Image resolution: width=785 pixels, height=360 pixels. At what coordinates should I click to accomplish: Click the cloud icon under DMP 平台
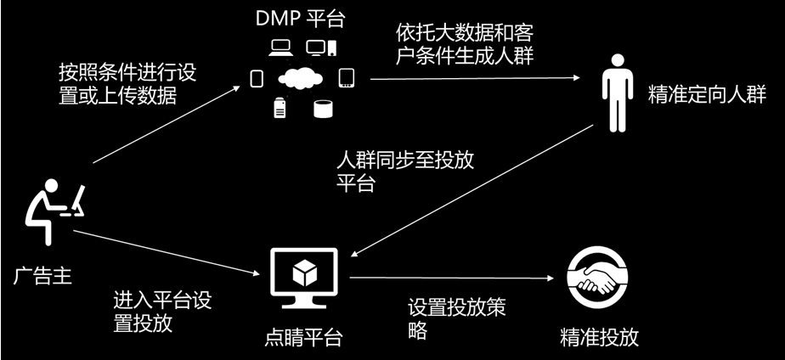click(x=301, y=79)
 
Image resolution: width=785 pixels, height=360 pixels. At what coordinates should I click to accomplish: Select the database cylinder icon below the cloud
click(x=322, y=109)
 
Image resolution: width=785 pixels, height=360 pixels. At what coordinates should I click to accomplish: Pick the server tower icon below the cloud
click(x=279, y=108)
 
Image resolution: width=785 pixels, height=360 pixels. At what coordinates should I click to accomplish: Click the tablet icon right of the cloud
click(x=346, y=78)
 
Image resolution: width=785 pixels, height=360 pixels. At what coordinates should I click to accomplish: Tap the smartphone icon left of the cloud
click(x=257, y=79)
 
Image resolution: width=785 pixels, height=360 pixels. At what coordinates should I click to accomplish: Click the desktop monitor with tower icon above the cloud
click(x=322, y=47)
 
